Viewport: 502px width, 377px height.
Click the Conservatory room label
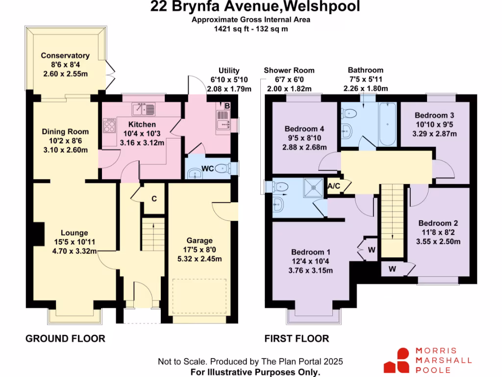point(65,55)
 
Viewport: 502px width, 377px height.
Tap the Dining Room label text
point(65,132)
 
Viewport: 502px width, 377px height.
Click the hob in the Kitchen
point(108,127)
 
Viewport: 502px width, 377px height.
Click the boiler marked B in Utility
point(226,105)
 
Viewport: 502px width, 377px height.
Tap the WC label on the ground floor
point(208,169)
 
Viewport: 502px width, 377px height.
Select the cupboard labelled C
point(154,199)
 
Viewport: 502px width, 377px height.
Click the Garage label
point(200,241)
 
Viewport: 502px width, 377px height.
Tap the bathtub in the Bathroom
point(387,123)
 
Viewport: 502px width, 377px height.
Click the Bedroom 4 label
point(304,129)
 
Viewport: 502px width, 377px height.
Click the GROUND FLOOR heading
point(65,339)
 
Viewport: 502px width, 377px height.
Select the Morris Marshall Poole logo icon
point(397,360)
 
